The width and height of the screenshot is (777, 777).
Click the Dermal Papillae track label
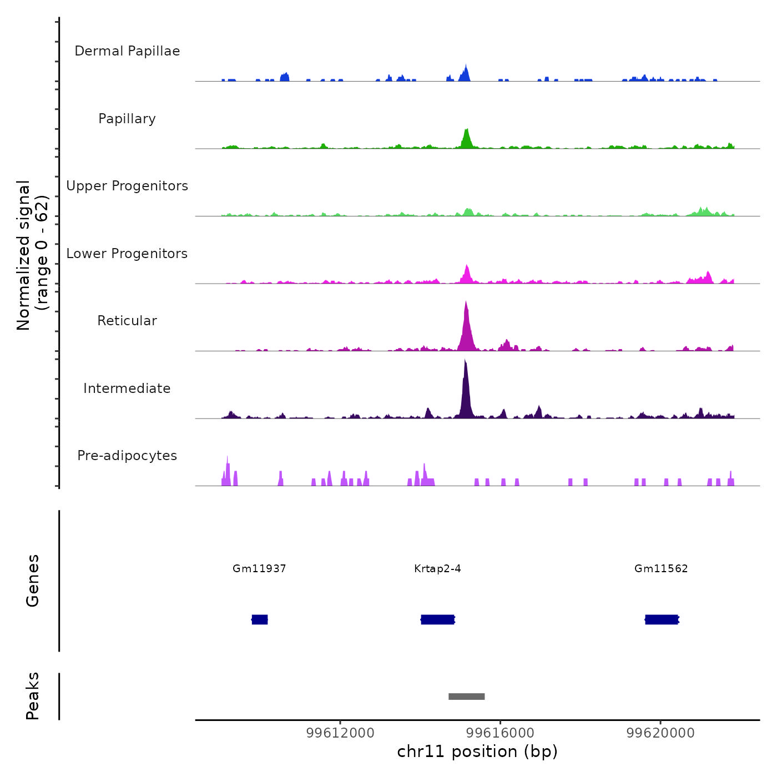click(127, 51)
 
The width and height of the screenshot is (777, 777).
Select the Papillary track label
click(127, 119)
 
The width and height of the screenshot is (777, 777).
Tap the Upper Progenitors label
click(127, 186)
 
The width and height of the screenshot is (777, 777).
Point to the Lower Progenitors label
click(127, 254)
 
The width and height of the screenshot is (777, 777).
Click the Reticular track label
click(127, 321)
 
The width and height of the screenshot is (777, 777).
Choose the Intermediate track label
click(127, 389)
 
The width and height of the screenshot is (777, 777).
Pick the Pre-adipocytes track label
click(127, 456)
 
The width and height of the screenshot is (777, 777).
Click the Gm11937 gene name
click(259, 569)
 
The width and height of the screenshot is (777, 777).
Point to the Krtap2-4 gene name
click(437, 569)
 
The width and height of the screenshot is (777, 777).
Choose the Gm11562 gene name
click(661, 569)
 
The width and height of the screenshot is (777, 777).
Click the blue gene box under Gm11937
click(260, 619)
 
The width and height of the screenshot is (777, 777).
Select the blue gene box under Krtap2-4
click(438, 619)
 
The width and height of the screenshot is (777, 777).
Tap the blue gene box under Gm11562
click(662, 619)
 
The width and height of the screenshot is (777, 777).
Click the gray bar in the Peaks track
click(467, 697)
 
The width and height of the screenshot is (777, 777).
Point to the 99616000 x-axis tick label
click(500, 733)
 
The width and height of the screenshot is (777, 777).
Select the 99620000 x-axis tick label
click(660, 733)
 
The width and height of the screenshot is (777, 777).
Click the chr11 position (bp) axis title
click(477, 752)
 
